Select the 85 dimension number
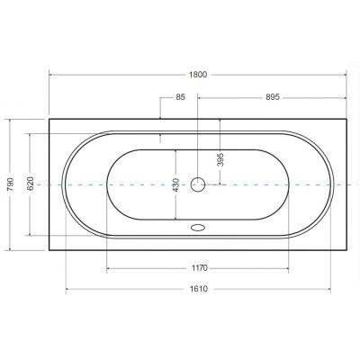pos(181,98)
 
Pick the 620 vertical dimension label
pos(30,184)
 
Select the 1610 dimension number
pos(199,289)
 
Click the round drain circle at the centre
pos(199,185)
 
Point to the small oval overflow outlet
pos(199,226)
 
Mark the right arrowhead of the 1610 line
pos(330,289)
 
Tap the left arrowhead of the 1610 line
pos(67,289)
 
